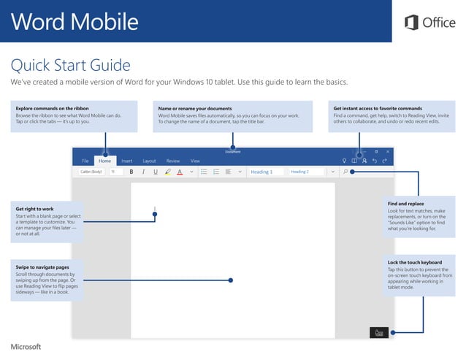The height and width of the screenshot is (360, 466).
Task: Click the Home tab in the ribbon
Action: pyautogui.click(x=105, y=161)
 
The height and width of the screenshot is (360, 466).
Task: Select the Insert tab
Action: pyautogui.click(x=127, y=161)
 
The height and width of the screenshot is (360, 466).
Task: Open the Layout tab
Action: pyautogui.click(x=149, y=161)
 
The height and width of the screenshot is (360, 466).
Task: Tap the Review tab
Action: pyautogui.click(x=173, y=161)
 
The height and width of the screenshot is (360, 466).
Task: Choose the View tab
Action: pyautogui.click(x=195, y=161)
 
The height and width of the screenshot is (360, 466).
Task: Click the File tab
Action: pyautogui.click(x=85, y=161)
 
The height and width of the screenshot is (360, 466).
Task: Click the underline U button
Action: pyautogui.click(x=156, y=172)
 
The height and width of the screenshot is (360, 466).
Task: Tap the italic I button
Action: pyautogui.click(x=143, y=172)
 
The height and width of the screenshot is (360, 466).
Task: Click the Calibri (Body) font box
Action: pyautogui.click(x=91, y=172)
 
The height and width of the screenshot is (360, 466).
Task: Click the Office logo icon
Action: pyautogui.click(x=411, y=23)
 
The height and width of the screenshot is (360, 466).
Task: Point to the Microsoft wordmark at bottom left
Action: pyautogui.click(x=26, y=346)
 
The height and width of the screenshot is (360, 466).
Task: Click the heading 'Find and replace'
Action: pyautogui.click(x=406, y=204)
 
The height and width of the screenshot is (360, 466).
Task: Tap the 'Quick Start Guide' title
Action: pyautogui.click(x=71, y=66)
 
